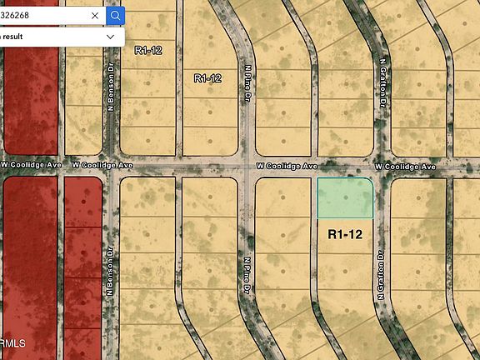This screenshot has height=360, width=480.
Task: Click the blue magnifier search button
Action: pyautogui.click(x=116, y=15)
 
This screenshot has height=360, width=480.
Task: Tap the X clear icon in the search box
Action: pyautogui.click(x=95, y=15)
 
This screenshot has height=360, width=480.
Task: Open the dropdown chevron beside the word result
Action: pyautogui.click(x=110, y=37)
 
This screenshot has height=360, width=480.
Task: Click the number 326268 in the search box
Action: pyautogui.click(x=17, y=15)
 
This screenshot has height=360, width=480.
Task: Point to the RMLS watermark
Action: pyautogui.click(x=12, y=342)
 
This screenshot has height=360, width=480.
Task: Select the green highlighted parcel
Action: pyautogui.click(x=345, y=198)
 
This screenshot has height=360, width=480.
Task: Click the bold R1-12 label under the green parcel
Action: pyautogui.click(x=345, y=235)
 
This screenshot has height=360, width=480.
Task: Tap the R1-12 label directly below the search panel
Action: pyautogui.click(x=148, y=50)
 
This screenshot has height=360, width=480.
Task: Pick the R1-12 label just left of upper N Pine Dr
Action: pyautogui.click(x=207, y=78)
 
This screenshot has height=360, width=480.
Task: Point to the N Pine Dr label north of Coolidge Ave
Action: pyautogui.click(x=247, y=84)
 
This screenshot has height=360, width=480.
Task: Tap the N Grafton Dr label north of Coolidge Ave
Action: pyautogui.click(x=383, y=83)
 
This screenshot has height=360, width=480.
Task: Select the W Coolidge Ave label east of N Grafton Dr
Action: pyautogui.click(x=406, y=167)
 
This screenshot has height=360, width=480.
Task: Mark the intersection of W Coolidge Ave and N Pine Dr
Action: pyautogui.click(x=247, y=167)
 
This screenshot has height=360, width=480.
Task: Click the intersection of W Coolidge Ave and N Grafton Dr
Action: pyautogui.click(x=380, y=167)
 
